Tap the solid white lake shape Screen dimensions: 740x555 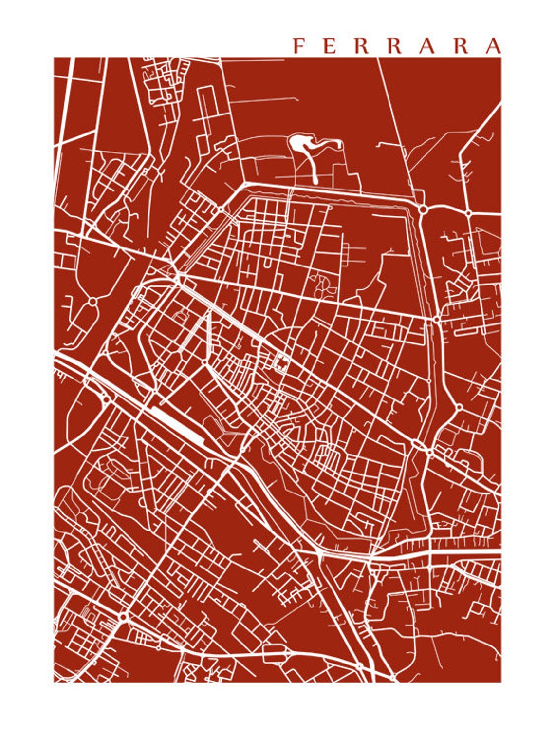(x=299, y=144)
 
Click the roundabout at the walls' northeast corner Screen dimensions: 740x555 (x=422, y=210)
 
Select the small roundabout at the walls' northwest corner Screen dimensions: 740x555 (x=222, y=209)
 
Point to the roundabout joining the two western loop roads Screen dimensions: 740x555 (x=92, y=302)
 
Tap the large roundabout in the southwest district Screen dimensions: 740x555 (x=123, y=617)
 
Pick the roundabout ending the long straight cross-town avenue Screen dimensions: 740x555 (x=436, y=320)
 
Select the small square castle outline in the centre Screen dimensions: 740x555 (x=281, y=363)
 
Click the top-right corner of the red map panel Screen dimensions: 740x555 (x=501, y=58)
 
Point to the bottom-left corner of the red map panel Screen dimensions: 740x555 (x=54, y=682)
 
